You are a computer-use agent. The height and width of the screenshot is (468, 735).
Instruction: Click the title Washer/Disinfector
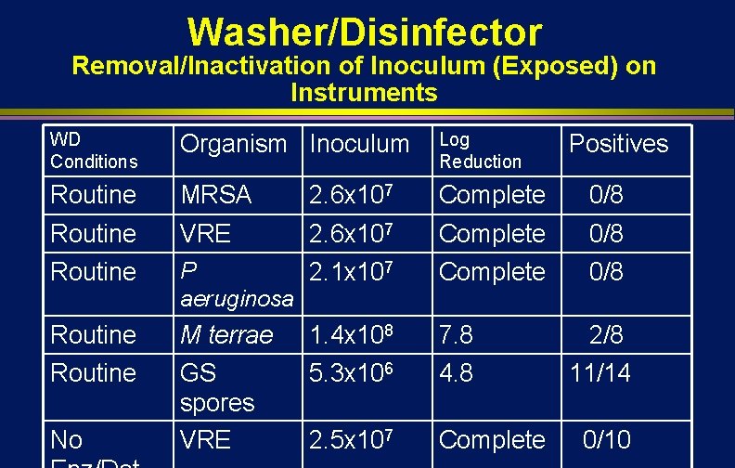pyautogui.click(x=364, y=32)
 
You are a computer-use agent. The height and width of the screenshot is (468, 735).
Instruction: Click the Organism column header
pyautogui.click(x=233, y=144)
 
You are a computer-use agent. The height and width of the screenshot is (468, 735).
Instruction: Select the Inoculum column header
pyautogui.click(x=359, y=144)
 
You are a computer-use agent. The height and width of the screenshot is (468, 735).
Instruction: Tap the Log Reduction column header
pyautogui.click(x=480, y=150)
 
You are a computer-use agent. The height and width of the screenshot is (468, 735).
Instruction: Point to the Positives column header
pyautogui.click(x=618, y=144)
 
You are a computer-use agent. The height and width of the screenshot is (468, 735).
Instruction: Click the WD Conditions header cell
pyautogui.click(x=94, y=150)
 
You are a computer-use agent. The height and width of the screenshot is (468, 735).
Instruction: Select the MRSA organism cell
pyautogui.click(x=215, y=195)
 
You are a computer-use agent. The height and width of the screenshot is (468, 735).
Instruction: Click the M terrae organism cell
pyautogui.click(x=226, y=335)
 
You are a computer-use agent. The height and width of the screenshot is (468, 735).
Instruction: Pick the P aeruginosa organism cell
pyautogui.click(x=236, y=285)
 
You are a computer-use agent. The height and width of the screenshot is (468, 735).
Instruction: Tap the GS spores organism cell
pyautogui.click(x=216, y=387)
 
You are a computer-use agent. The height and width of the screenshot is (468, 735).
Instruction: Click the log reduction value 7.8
pyautogui.click(x=456, y=335)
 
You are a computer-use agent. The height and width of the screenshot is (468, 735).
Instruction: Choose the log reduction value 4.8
pyautogui.click(x=456, y=373)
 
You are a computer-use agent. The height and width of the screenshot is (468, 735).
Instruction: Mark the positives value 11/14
pyautogui.click(x=600, y=373)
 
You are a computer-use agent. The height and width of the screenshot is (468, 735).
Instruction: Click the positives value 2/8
pyautogui.click(x=607, y=335)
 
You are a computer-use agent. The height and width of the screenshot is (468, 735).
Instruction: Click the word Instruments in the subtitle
pyautogui.click(x=363, y=93)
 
